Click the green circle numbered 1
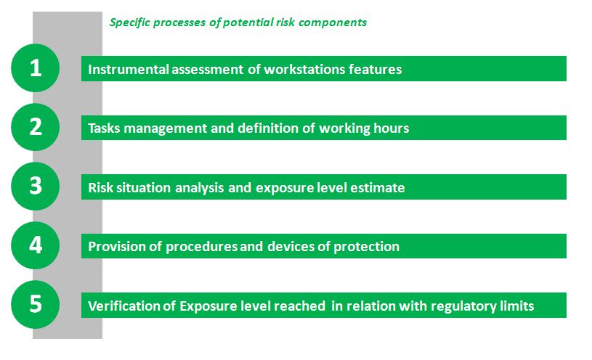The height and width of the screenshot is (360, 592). pyautogui.click(x=35, y=68)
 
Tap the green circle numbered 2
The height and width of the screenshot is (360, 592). pyautogui.click(x=35, y=127)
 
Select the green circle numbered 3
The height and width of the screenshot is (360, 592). pyautogui.click(x=35, y=186)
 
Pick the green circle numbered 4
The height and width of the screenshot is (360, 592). pyautogui.click(x=35, y=245)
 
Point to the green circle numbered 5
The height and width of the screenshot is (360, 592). pyautogui.click(x=35, y=305)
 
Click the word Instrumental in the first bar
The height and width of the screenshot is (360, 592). pyautogui.click(x=129, y=69)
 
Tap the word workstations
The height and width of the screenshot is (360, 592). pyautogui.click(x=304, y=69)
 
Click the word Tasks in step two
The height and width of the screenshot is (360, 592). pyautogui.click(x=104, y=128)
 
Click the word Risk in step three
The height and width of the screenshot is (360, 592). pyautogui.click(x=100, y=187)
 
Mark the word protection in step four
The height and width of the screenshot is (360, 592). pyautogui.click(x=366, y=247)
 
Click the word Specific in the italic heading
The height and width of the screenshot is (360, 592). pyautogui.click(x=130, y=22)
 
